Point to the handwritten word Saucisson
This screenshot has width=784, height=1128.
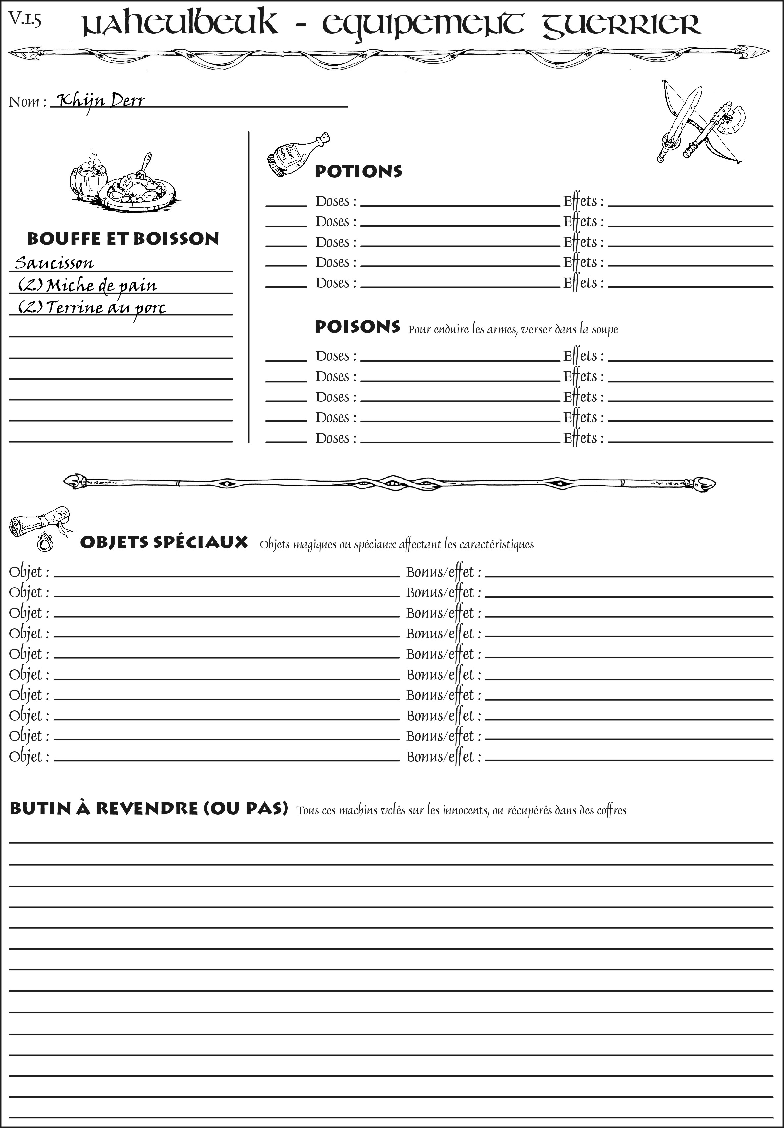[x=54, y=263]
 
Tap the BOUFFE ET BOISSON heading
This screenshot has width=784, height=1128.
[x=123, y=239]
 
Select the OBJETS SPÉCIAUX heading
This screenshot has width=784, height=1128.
[x=164, y=542]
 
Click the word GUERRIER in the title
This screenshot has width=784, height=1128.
[x=621, y=24]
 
